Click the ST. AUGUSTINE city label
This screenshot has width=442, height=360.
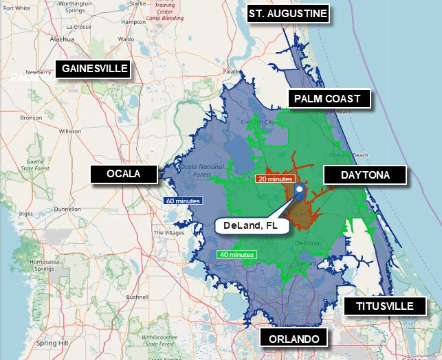[x=288, y=14]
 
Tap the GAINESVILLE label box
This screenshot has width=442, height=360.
[x=95, y=68]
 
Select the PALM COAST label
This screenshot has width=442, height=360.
[x=327, y=99]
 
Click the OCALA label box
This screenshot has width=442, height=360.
[x=124, y=174]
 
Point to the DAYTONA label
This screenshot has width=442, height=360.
[x=365, y=175]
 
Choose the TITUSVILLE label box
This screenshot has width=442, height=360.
[x=385, y=306]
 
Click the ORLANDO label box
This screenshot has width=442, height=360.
[x=294, y=339]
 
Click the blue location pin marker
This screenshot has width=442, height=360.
[x=299, y=191]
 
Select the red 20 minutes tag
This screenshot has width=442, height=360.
[x=275, y=179]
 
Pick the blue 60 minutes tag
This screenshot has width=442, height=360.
[x=182, y=201]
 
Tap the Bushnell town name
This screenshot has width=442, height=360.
[x=137, y=297]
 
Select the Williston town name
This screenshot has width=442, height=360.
[x=69, y=131]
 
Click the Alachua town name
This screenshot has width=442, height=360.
[x=62, y=39]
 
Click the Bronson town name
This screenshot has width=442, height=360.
[x=31, y=117]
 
